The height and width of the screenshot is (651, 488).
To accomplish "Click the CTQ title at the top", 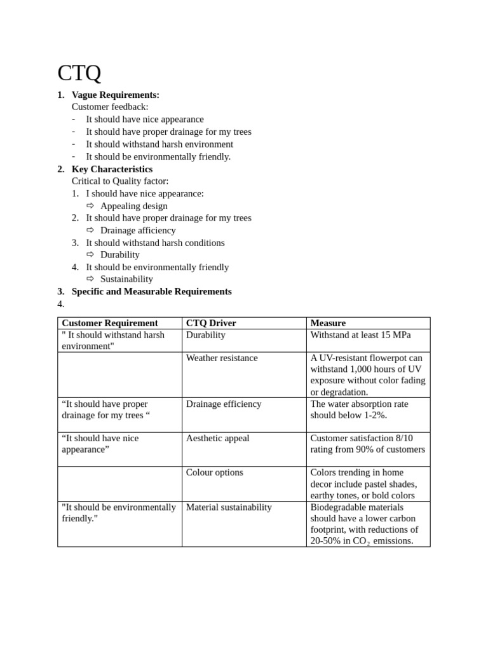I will point(79,73).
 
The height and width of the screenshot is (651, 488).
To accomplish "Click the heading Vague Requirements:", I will point(115,95).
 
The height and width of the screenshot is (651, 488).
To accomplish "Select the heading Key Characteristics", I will point(112,169).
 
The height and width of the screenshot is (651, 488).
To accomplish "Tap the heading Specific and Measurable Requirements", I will point(151,291).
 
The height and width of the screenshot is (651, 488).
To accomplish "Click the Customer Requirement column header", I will point(109,323).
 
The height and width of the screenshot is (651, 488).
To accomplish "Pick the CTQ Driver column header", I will point(210,323).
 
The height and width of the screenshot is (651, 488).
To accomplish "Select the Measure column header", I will point(328,323).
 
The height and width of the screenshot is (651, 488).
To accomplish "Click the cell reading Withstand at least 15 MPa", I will point(360,334).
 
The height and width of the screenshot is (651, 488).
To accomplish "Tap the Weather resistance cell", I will point(221,358).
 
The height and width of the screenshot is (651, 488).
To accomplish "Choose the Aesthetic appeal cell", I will point(217,438).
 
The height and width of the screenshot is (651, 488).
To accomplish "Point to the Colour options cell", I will point(214,472).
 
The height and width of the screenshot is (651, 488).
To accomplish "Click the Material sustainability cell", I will point(228,507).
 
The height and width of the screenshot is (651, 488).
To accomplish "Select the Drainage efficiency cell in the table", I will point(223,404).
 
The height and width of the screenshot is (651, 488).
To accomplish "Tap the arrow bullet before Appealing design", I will point(90,206).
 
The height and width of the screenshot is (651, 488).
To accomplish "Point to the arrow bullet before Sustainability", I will point(90,279).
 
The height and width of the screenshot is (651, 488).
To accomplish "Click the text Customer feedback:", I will point(110,107).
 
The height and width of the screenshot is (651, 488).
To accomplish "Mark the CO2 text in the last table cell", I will point(360,541).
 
